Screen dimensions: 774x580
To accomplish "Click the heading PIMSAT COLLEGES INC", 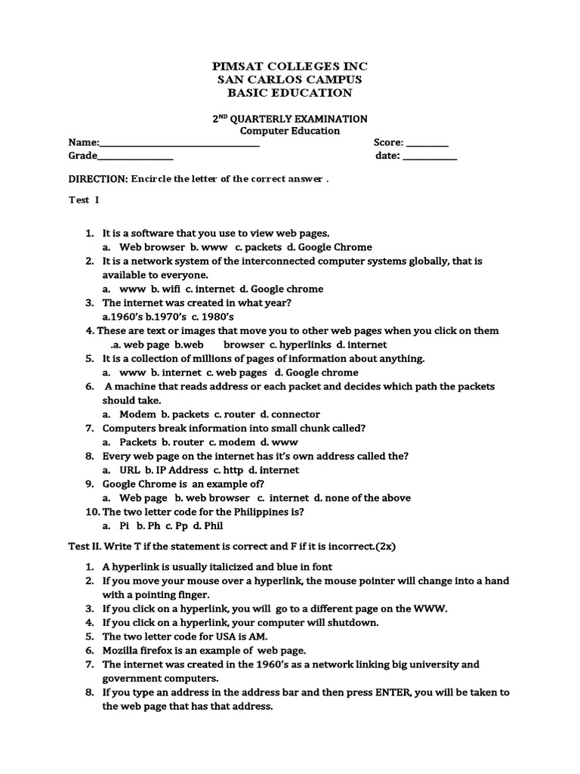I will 289,66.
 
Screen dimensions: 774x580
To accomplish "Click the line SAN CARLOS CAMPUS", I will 289,79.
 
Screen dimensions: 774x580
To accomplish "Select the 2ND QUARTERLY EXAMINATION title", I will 289,119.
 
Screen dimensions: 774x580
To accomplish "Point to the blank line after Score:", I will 427,144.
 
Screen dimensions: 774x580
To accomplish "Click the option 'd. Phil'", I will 208,526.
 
